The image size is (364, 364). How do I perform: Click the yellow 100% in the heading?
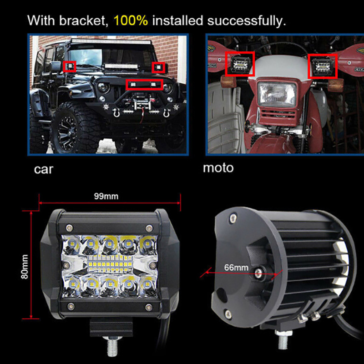pos(131,20)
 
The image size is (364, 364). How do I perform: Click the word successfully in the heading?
pos(247,21)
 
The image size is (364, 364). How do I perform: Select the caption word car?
pos(44,169)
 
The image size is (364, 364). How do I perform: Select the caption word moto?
pos(218,168)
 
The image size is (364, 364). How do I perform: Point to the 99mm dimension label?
pos(106,197)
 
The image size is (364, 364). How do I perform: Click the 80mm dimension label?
pos(25,267)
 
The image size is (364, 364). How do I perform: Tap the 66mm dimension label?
pos(236,268)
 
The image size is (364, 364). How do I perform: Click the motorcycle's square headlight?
pos(277,94)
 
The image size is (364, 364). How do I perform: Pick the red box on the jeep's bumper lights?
pos(144,85)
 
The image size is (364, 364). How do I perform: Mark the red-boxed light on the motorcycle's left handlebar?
pos(240,64)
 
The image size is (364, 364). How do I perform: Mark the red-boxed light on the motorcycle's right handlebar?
pos(323,66)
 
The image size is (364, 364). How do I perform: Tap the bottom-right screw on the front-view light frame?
pos(149,308)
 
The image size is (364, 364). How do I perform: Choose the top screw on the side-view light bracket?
pos(233,218)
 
